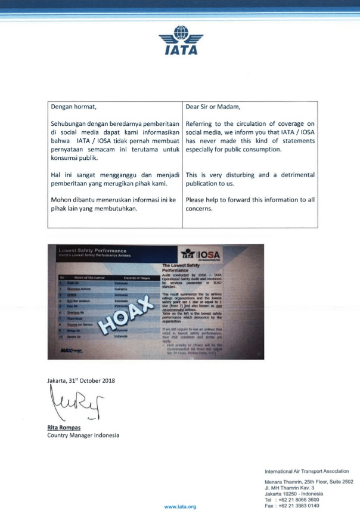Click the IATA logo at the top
click(x=181, y=40)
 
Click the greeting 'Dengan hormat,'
click(x=73, y=107)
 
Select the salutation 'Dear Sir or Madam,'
click(x=213, y=107)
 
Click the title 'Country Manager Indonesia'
click(x=83, y=435)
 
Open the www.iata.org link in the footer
click(x=180, y=506)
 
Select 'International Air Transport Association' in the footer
click(x=307, y=472)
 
